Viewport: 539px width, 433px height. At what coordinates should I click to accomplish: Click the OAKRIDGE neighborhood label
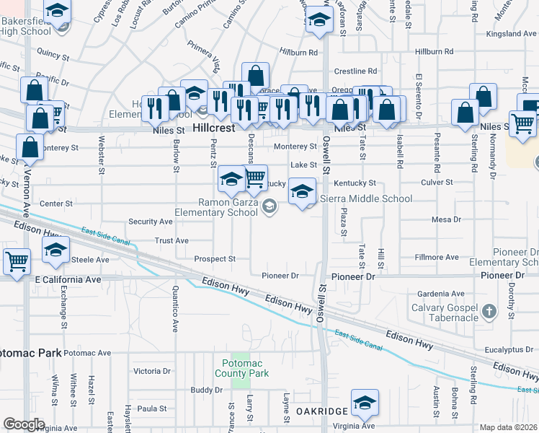pos(322,411)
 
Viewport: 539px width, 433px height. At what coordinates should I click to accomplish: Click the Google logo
pos(24,424)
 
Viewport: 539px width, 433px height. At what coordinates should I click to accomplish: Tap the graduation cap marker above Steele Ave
pos(55,250)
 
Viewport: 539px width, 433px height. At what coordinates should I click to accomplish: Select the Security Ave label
pos(150,222)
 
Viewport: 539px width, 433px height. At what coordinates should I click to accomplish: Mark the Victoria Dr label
pos(152,371)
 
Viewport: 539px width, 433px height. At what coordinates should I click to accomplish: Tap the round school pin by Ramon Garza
pos(269,208)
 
